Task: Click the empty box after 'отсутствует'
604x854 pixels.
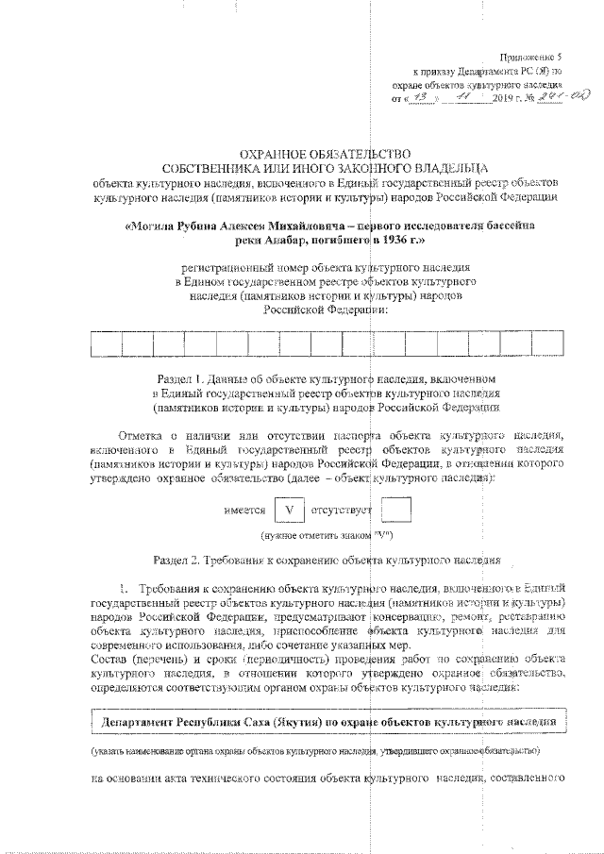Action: (x=395, y=511)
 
